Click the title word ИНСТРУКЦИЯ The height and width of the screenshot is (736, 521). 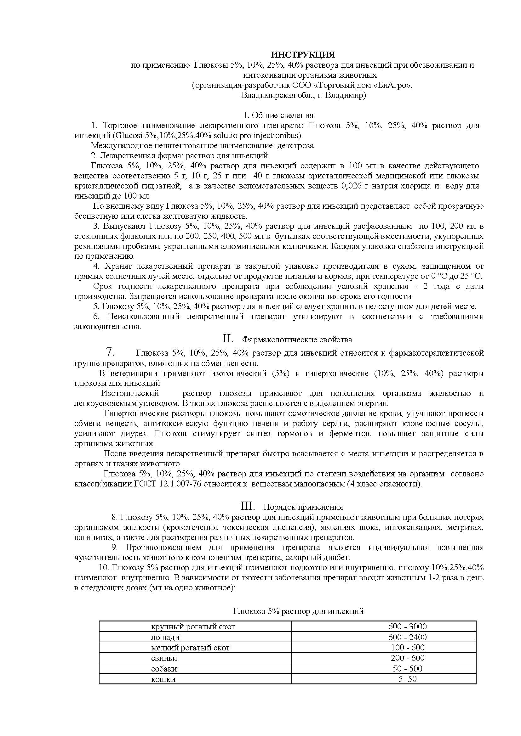303,54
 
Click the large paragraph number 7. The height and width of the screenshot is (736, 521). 110,352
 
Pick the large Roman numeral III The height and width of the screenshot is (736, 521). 248,506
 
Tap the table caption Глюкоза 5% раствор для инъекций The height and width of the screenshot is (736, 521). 298,611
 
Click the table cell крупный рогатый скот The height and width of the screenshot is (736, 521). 193,626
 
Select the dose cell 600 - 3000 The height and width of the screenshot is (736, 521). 407,626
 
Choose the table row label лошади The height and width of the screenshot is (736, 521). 165,637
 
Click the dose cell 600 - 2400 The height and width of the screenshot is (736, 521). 407,637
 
